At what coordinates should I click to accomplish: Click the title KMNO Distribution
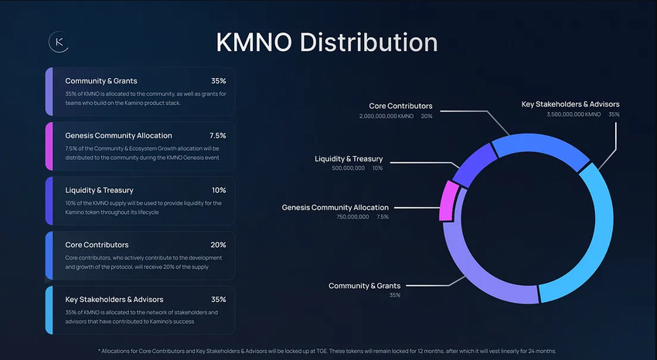(x=327, y=42)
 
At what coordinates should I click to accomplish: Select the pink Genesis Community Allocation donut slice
(x=446, y=202)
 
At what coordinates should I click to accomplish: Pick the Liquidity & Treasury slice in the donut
(x=468, y=165)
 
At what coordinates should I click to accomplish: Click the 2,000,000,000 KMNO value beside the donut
(x=386, y=116)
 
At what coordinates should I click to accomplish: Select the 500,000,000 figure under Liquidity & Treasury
(x=348, y=168)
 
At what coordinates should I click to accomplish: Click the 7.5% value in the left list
(x=217, y=135)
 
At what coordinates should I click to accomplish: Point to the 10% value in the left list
(x=219, y=190)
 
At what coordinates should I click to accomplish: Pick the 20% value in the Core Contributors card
(x=219, y=245)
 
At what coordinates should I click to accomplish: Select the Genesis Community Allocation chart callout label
(x=335, y=207)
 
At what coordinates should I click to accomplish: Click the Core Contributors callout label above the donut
(x=400, y=106)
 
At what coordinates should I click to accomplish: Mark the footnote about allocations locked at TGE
(x=327, y=351)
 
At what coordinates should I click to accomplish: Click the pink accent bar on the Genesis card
(x=49, y=146)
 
